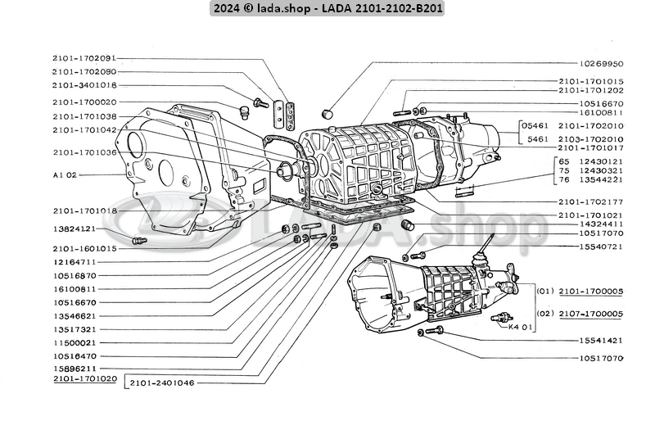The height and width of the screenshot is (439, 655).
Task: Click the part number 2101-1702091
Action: coord(84,58)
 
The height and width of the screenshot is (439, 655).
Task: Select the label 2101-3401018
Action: coord(84,85)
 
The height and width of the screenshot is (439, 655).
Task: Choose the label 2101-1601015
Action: coord(84,248)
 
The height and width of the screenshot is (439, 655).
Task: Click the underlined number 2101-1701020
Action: coord(84,380)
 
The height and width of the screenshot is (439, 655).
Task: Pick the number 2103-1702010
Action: coord(591,139)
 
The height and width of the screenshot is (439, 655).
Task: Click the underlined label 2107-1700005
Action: coord(591,314)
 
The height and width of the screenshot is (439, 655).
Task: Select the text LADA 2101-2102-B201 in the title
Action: coord(390,8)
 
